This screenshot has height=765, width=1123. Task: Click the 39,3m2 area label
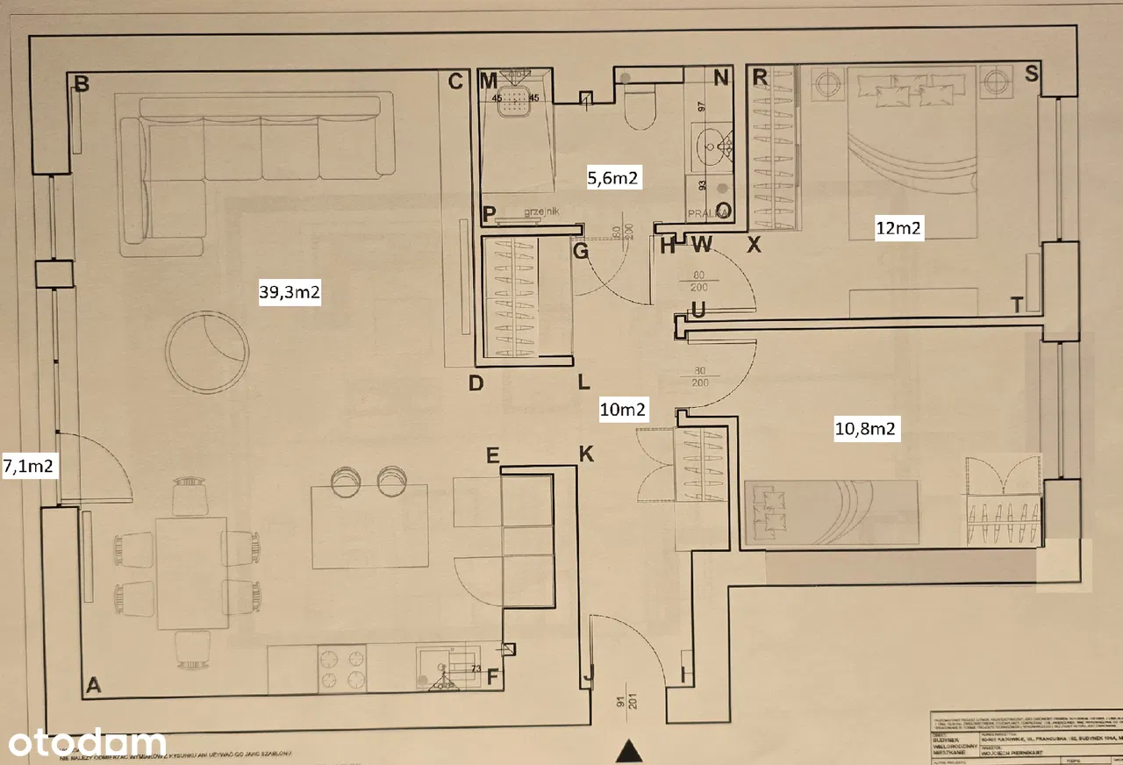[x=290, y=294]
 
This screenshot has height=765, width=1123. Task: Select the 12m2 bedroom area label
[x=899, y=229]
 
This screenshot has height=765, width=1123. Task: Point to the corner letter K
[x=586, y=454]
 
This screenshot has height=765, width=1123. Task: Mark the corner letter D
[x=476, y=383]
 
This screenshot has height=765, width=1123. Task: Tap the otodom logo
[x=84, y=742]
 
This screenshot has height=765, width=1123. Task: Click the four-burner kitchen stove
[x=341, y=668]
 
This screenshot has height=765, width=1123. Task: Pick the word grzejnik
[x=540, y=211]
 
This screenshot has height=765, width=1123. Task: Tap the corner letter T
[x=1017, y=304]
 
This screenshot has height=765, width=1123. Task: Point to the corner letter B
[x=82, y=84]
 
